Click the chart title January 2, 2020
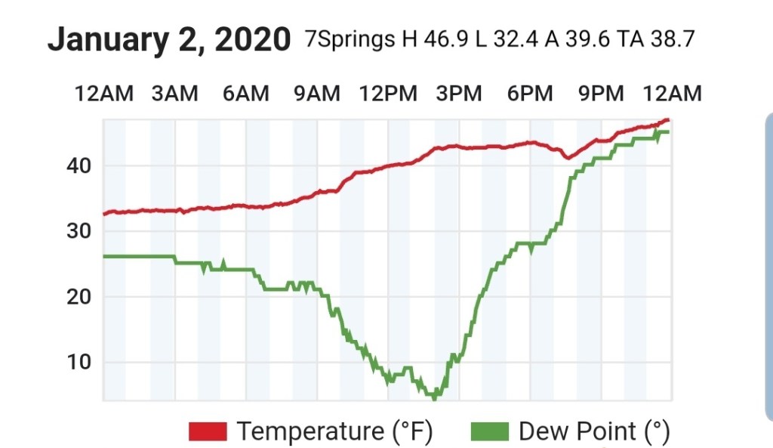pyautogui.click(x=168, y=40)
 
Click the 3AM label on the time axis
pyautogui.click(x=174, y=94)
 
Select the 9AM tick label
pyautogui.click(x=316, y=94)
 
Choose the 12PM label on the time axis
pyautogui.click(x=387, y=94)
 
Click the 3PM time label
pyautogui.click(x=459, y=94)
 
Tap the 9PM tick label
pyautogui.click(x=601, y=94)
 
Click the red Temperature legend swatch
pyautogui.click(x=208, y=432)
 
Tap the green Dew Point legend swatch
pyautogui.click(x=489, y=432)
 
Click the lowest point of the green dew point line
pyautogui.click(x=433, y=396)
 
